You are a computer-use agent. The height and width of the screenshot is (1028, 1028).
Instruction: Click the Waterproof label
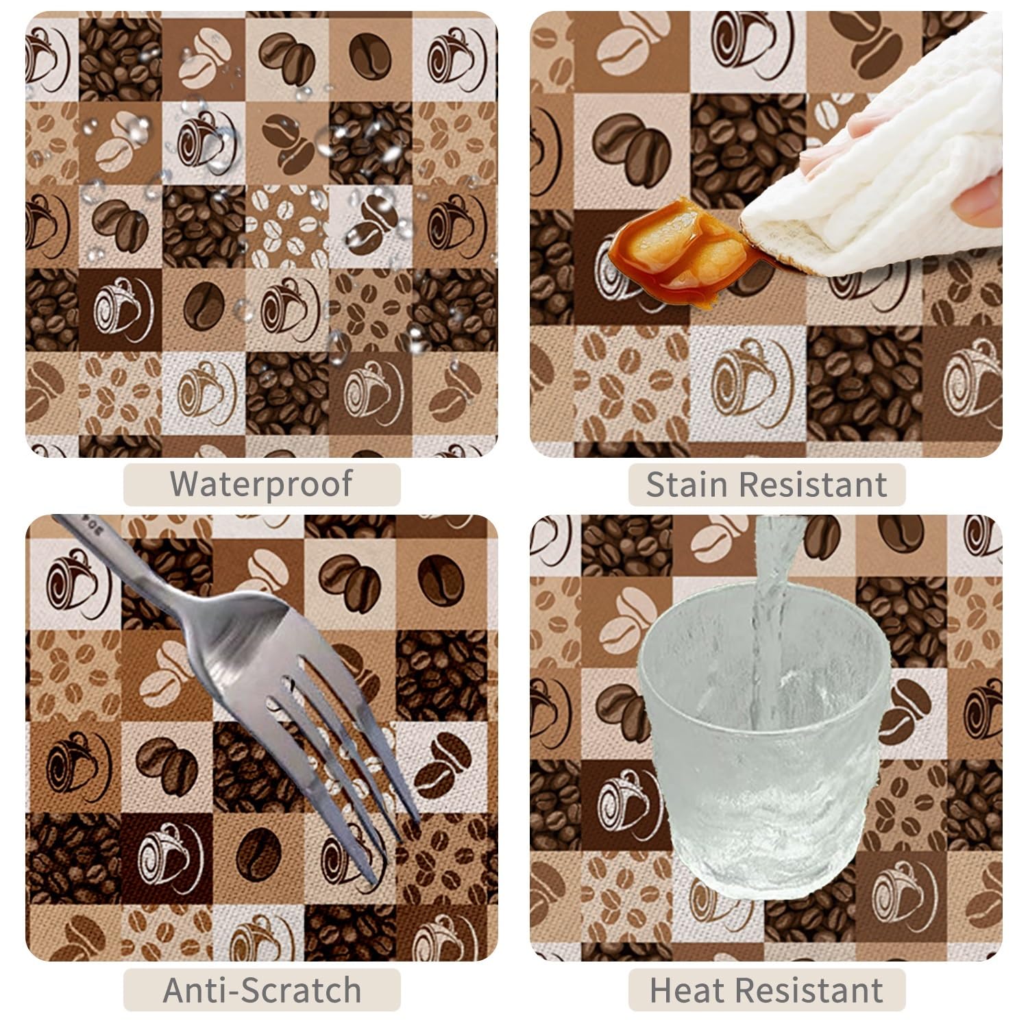click(261, 484)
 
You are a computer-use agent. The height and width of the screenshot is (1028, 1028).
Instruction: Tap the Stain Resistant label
click(766, 485)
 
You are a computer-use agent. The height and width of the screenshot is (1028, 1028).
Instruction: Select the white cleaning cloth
click(884, 158)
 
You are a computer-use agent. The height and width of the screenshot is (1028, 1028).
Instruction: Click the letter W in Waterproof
click(186, 484)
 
